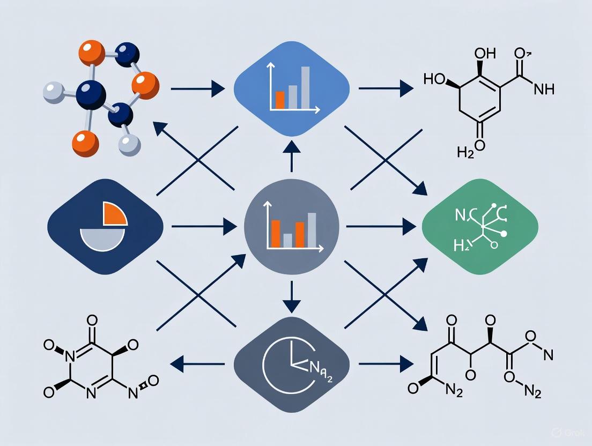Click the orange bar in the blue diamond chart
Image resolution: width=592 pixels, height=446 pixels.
click(280, 100)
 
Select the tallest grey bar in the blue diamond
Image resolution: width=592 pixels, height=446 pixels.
click(306, 87)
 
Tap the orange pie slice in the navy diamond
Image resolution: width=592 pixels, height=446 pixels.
click(114, 213)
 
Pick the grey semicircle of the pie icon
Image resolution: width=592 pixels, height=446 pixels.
click(102, 236)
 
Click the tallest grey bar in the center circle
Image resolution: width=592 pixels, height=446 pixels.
click(312, 229)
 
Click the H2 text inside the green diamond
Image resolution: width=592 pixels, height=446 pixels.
click(462, 246)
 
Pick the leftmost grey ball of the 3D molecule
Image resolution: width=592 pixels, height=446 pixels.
click(53, 93)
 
